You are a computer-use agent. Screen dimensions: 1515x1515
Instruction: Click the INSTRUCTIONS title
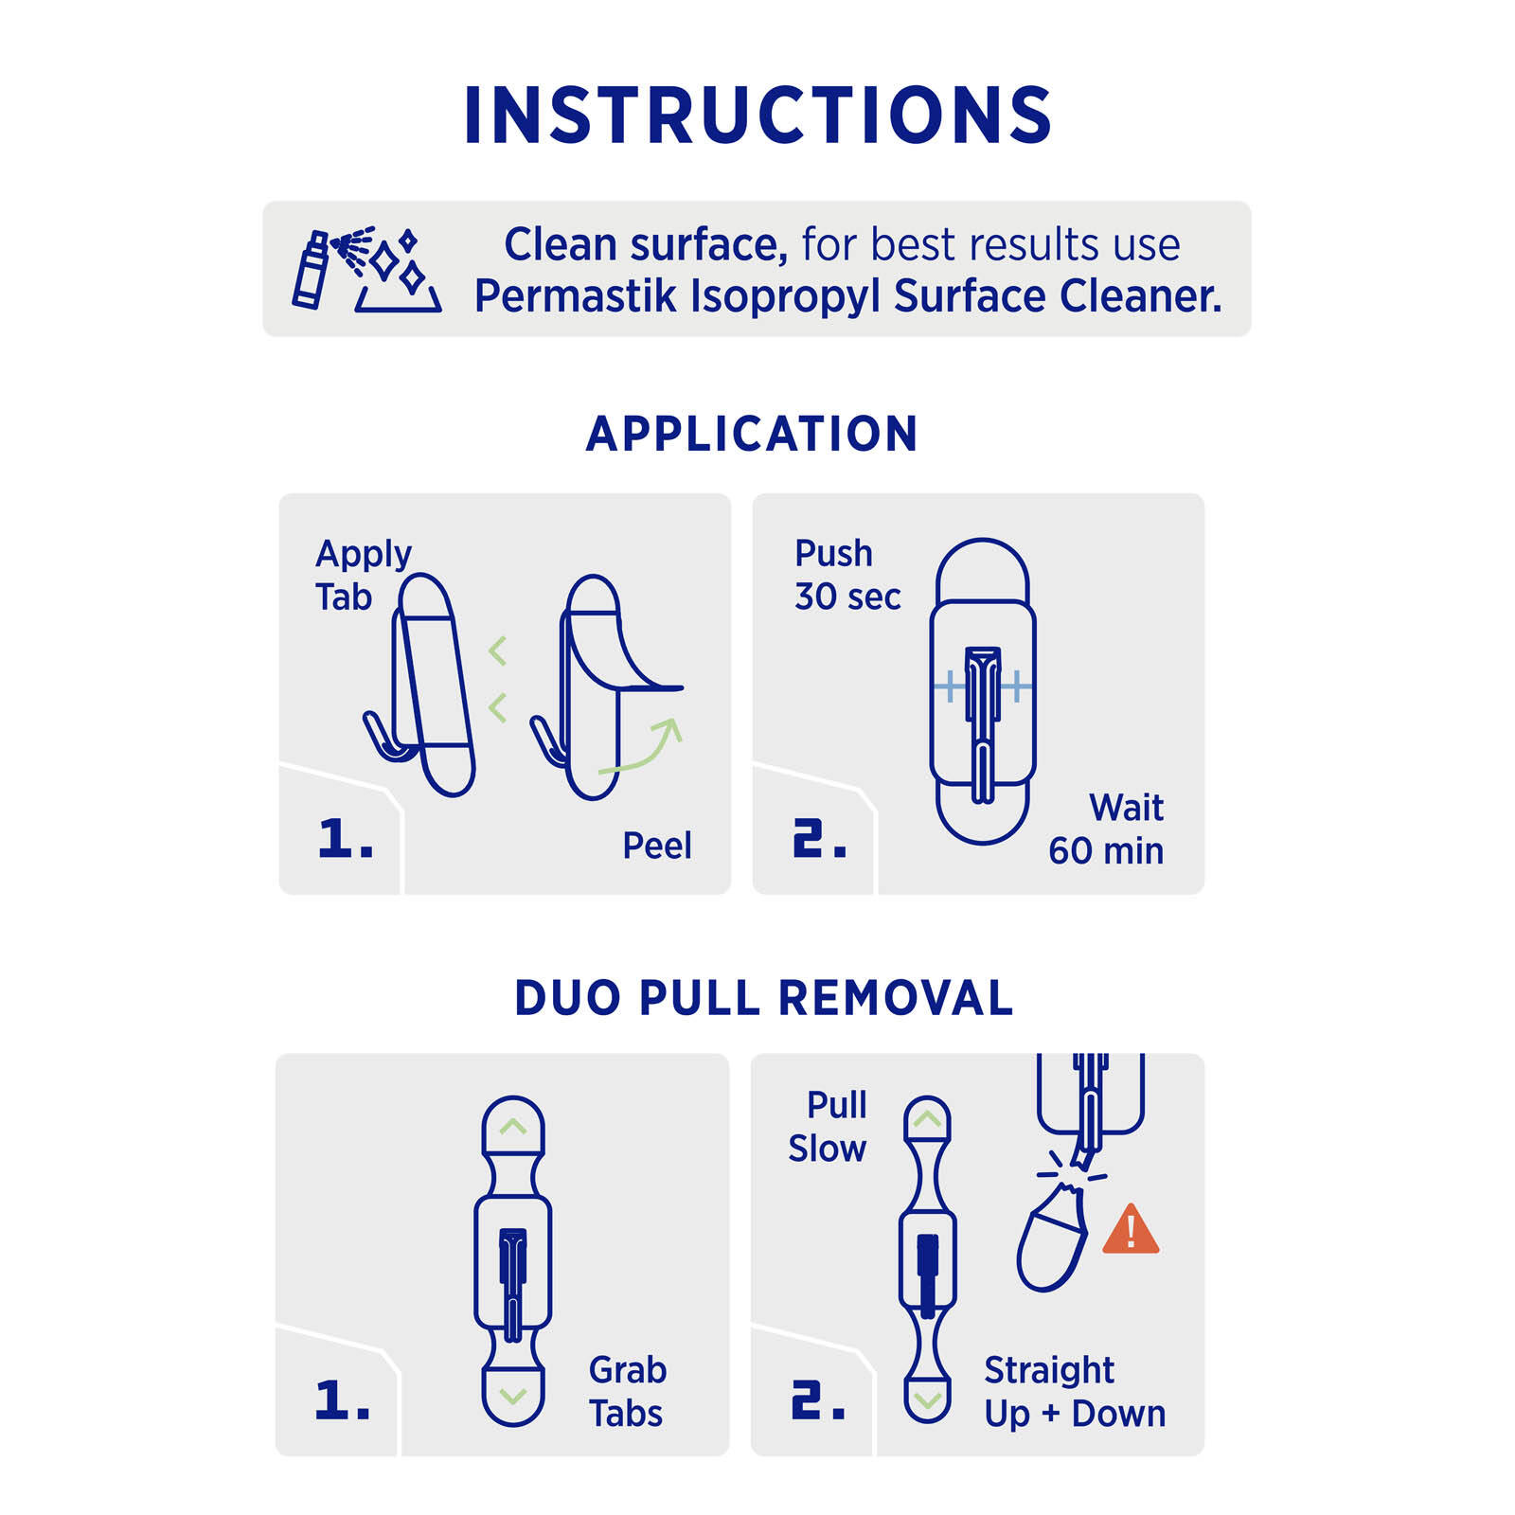pos(757,116)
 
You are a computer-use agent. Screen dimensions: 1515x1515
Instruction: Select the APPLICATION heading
pos(752,434)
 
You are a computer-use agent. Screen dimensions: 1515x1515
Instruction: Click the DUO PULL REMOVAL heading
pos(763,998)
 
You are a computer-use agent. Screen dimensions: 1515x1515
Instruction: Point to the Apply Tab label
pos(362,575)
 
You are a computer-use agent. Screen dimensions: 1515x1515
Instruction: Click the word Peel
pos(656,846)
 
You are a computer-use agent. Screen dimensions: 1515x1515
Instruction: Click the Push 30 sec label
pos(847,575)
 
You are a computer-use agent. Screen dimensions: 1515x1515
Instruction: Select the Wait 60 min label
pos(1107,829)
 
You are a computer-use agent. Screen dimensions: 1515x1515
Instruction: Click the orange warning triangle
pos(1131,1231)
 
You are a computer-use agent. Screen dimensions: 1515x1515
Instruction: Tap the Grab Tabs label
pos(627,1391)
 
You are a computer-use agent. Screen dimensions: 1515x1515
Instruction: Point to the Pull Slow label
pos(828,1127)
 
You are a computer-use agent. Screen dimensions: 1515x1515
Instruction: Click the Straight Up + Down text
pos(1074,1391)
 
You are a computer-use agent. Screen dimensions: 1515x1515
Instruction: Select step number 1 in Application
pos(344,839)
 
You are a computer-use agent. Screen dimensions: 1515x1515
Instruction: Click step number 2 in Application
pos(818,839)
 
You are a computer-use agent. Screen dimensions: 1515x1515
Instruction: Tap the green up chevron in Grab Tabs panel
pos(512,1127)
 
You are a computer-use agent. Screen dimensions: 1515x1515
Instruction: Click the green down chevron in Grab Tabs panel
pos(512,1396)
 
